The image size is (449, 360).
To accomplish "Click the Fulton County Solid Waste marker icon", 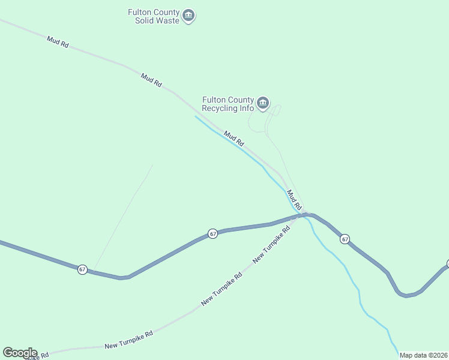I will [188, 16].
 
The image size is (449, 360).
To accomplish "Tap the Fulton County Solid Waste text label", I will [154, 16].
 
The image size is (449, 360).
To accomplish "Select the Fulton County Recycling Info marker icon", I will [262, 104].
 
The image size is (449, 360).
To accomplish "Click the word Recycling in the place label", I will [220, 109].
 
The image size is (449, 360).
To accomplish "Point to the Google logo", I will [20, 353].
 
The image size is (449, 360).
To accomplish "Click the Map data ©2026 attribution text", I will [424, 355].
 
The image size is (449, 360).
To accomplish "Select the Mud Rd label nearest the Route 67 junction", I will [294, 199].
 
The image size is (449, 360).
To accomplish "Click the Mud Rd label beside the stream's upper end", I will [234, 139].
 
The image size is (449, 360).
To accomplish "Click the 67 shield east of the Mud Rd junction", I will [345, 239].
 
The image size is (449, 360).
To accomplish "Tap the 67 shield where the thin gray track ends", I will [82, 269].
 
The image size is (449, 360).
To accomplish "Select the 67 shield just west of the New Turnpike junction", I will [212, 233].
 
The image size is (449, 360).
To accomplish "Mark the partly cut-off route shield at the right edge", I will [447, 264].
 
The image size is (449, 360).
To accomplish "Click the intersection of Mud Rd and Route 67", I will [305, 214].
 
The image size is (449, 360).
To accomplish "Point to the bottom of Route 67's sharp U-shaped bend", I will [406, 295].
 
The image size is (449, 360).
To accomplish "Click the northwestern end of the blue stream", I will [196, 116].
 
